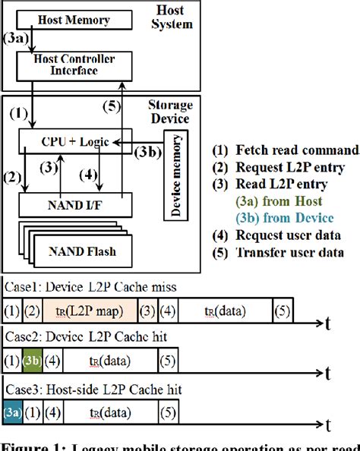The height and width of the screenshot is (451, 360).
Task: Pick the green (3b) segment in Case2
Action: tap(32, 361)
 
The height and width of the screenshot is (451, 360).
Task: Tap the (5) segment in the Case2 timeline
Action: tap(169, 361)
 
